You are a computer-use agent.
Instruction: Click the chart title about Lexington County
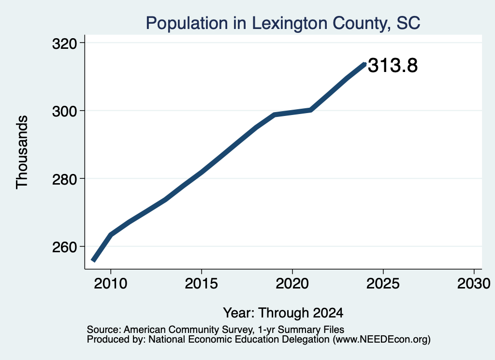pyautogui.click(x=283, y=23)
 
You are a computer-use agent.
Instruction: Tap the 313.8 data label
pyautogui.click(x=393, y=66)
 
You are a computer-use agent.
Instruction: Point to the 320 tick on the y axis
pyautogui.click(x=65, y=44)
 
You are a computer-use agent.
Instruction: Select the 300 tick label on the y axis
pyautogui.click(x=65, y=111)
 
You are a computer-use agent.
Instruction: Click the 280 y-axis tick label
pyautogui.click(x=65, y=179)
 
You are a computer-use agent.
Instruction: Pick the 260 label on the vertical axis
pyautogui.click(x=65, y=247)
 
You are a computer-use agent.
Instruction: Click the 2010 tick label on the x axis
pyautogui.click(x=111, y=284)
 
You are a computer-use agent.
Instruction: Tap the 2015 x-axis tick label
pyautogui.click(x=202, y=284)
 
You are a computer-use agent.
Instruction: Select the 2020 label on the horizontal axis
pyautogui.click(x=292, y=284)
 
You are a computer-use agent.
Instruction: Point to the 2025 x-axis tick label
pyautogui.click(x=383, y=284)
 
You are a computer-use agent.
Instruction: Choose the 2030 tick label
pyautogui.click(x=474, y=284)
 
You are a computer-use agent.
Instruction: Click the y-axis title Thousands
pyautogui.click(x=22, y=152)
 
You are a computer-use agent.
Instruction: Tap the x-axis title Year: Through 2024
pyautogui.click(x=283, y=313)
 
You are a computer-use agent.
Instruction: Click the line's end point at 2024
pyautogui.click(x=365, y=64)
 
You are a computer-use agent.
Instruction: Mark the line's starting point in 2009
pyautogui.click(x=93, y=260)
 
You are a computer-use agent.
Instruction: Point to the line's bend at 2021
pyautogui.click(x=311, y=110)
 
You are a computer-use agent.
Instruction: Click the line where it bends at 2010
pyautogui.click(x=111, y=235)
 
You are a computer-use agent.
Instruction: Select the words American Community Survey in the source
pyautogui.click(x=189, y=330)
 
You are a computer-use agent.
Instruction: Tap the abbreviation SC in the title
pyautogui.click(x=408, y=23)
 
